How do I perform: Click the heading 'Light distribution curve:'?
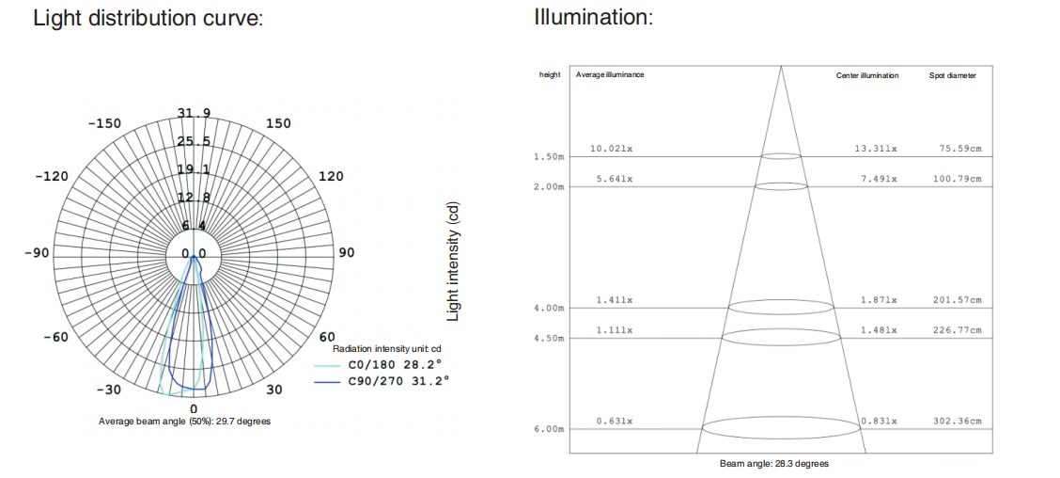pos(148,18)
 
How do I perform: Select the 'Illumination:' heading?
pos(594,16)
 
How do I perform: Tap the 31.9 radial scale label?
pos(194,113)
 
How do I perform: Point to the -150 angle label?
pos(105,124)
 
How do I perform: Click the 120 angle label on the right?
pos(331,177)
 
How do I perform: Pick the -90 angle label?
pos(37,253)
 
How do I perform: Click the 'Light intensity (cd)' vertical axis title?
pos(454,262)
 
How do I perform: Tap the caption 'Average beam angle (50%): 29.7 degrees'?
pos(184,422)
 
